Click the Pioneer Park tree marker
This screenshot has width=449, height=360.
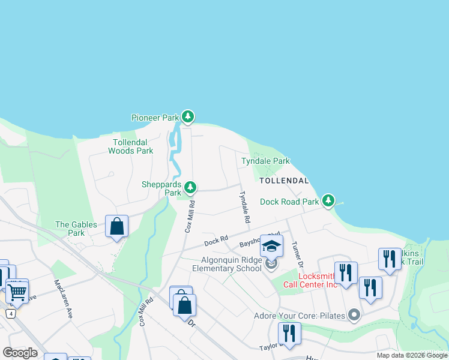tap(188, 116)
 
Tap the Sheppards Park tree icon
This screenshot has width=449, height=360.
tap(190, 188)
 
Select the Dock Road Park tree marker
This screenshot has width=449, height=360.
tap(328, 201)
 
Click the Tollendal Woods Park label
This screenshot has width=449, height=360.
tap(131, 146)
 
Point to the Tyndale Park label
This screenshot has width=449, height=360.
tap(265, 161)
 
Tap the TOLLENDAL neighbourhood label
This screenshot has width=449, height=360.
tap(284, 180)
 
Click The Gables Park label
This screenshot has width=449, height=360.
tap(76, 229)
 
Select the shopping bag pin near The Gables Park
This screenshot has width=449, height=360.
tap(116, 227)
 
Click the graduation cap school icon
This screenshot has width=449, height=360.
tap(271, 246)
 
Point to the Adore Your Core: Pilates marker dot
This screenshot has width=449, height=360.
tap(354, 314)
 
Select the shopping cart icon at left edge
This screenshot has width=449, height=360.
tap(17, 292)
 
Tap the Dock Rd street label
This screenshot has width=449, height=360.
tap(216, 241)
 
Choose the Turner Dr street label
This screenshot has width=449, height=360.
tap(295, 255)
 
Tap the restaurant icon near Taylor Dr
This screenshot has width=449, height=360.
tap(289, 334)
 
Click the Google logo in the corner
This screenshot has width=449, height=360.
tap(20, 352)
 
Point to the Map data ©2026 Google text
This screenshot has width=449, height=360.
tap(411, 355)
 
